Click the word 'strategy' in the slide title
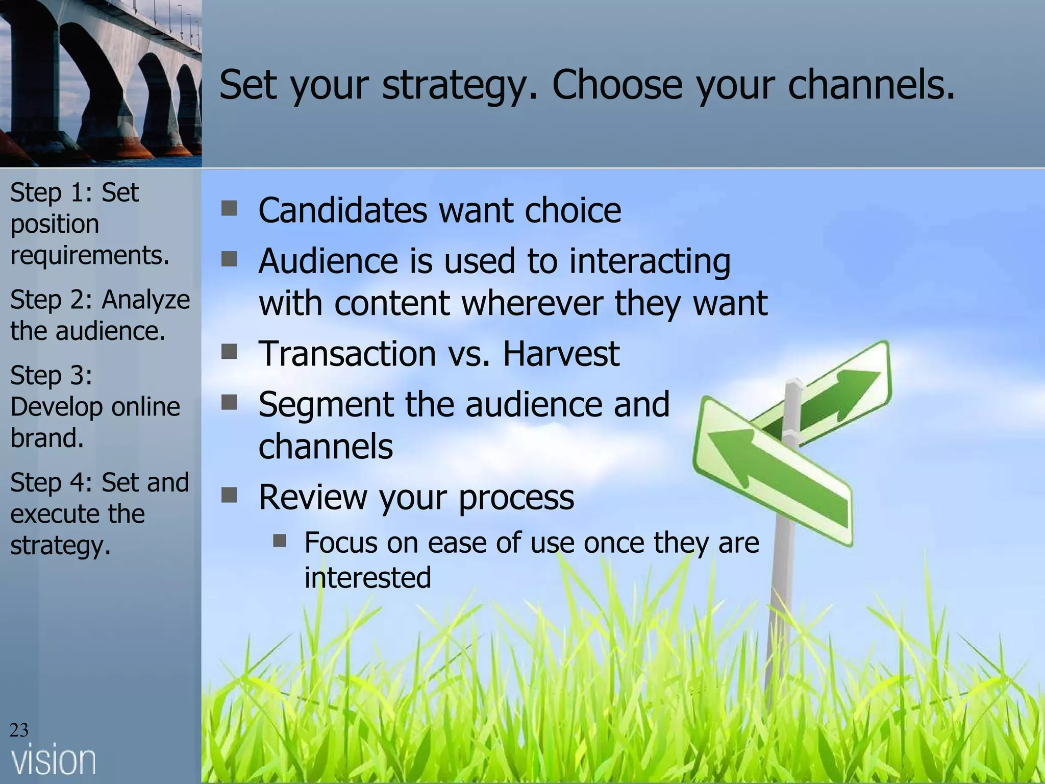pos(454,85)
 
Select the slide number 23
pos(19,730)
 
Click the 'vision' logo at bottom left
pos(54,761)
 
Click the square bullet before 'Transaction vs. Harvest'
pos(230,352)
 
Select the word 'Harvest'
pos(561,353)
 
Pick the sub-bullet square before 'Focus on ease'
pos(279,541)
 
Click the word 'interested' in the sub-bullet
pos(367,577)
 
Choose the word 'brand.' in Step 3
pos(47,438)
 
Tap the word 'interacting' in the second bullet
pos(650,261)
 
